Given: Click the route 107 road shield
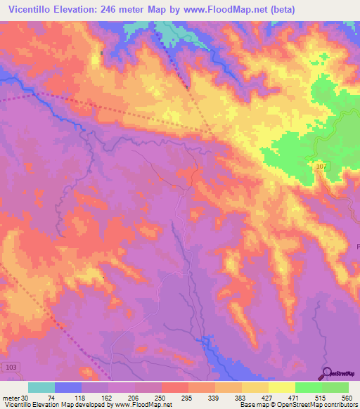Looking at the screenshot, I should click(321, 165).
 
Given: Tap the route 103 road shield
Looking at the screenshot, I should click(10, 368).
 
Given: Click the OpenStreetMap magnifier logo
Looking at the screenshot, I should click(327, 373).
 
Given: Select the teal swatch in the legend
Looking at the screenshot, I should click(41, 387).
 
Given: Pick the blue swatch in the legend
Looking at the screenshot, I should click(68, 387).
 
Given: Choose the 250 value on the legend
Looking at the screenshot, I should click(161, 397).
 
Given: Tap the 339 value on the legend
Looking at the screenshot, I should click(214, 397).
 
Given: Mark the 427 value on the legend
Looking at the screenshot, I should click(266, 397).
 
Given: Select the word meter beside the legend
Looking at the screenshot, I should click(9, 397).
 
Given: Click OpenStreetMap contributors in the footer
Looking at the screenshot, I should click(321, 405).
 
